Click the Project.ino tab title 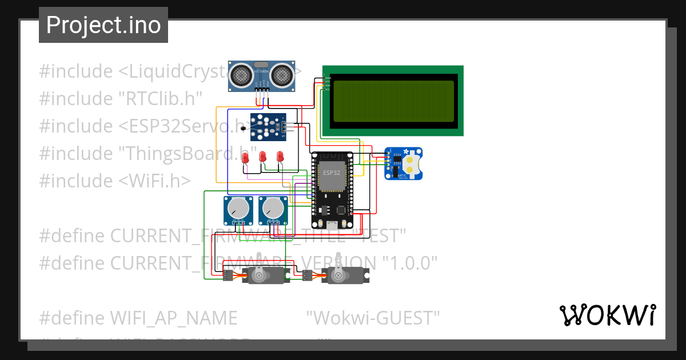103,25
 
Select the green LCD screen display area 393,101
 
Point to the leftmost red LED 245,158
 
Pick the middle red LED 262,157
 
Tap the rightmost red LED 280,157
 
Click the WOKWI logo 607,315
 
